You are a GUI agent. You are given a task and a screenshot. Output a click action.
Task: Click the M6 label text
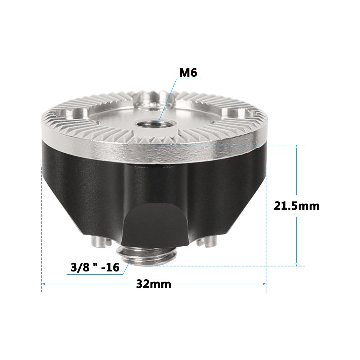[188, 73]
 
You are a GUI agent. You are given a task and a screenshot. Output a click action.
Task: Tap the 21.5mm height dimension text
[296, 206]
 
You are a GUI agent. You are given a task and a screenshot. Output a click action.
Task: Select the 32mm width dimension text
[153, 284]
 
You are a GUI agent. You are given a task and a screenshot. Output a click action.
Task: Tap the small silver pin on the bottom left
[100, 241]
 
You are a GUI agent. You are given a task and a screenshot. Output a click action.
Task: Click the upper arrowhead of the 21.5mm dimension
[296, 147]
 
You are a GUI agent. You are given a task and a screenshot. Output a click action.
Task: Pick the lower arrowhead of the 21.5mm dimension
[296, 264]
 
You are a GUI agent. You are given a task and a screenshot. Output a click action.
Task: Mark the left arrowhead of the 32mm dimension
[44, 284]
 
